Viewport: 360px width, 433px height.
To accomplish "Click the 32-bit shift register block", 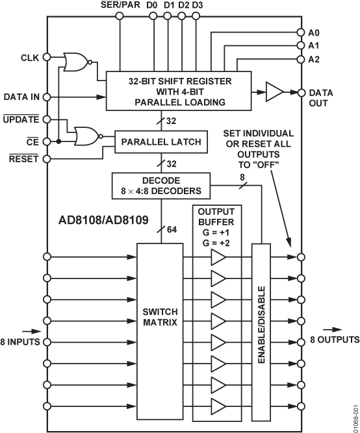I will pos(179,92).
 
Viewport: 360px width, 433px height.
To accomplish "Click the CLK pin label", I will pos(30,58).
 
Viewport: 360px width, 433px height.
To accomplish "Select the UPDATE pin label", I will pos(22,119).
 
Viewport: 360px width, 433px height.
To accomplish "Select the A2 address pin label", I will pos(315,59).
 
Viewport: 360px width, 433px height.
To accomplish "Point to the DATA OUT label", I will pos(321,98).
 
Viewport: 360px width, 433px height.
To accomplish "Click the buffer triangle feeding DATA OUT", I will pos(276,93).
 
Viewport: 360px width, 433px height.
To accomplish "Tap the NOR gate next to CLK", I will pos(76,63).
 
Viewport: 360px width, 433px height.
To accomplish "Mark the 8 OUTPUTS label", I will pos(333,340).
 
